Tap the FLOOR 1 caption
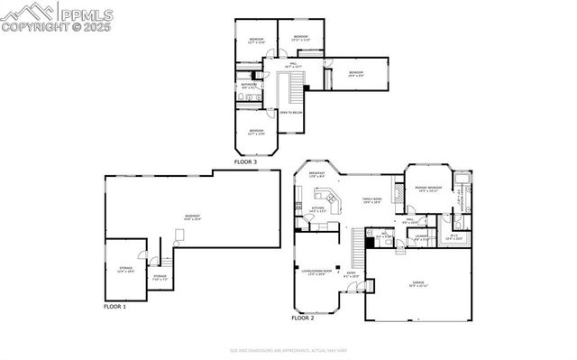coord(115,308)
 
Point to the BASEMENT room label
coord(193,217)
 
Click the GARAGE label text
coord(417,282)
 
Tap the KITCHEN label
coord(317,209)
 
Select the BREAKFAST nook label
coord(317,174)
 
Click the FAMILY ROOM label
coord(372,200)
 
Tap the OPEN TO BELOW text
coord(291,112)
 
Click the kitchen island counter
coord(331,200)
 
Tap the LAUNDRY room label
coord(421,237)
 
